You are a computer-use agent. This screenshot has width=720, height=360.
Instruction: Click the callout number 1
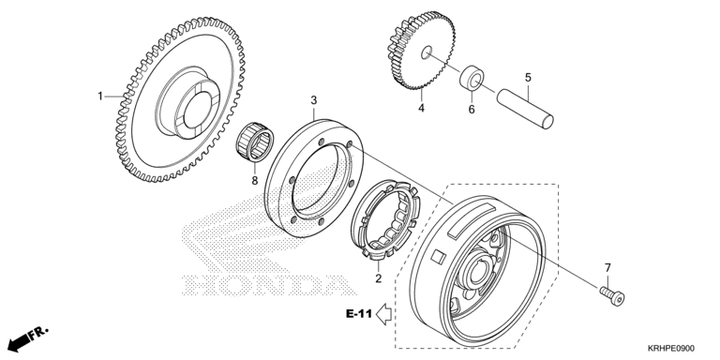(x=99, y=97)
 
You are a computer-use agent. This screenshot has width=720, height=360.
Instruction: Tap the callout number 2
(x=379, y=278)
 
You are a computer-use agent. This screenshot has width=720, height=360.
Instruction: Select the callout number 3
(x=314, y=100)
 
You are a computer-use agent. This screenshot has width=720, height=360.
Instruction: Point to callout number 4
(x=421, y=109)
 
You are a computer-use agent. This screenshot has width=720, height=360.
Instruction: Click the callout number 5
(x=528, y=77)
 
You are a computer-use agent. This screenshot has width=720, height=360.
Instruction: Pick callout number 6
(x=472, y=110)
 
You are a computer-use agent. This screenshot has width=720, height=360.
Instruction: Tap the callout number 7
(x=607, y=267)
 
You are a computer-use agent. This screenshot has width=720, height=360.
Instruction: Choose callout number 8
(x=255, y=180)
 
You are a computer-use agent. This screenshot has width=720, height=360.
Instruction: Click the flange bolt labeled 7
(x=612, y=296)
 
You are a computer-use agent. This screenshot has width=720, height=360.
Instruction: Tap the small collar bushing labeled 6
(x=472, y=79)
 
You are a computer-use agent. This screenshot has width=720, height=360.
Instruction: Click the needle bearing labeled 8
(x=255, y=142)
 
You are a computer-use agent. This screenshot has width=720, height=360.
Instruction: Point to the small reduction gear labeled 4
(x=422, y=50)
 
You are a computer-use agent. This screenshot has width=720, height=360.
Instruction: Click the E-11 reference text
(x=359, y=314)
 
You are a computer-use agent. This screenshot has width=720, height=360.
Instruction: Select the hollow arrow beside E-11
(x=383, y=314)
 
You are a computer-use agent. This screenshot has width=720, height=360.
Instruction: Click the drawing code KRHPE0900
(x=671, y=349)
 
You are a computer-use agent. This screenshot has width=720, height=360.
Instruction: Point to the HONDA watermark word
(x=269, y=285)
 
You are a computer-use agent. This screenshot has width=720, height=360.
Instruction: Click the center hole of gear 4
(x=427, y=52)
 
